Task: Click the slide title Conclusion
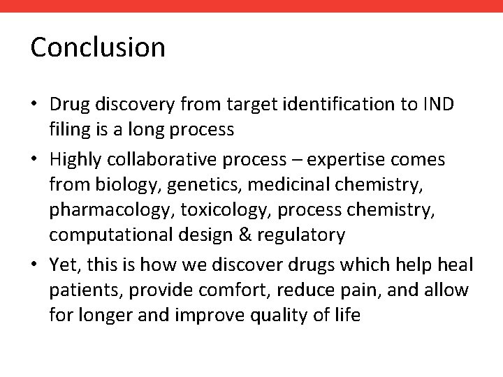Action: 98,48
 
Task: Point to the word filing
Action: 68,131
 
